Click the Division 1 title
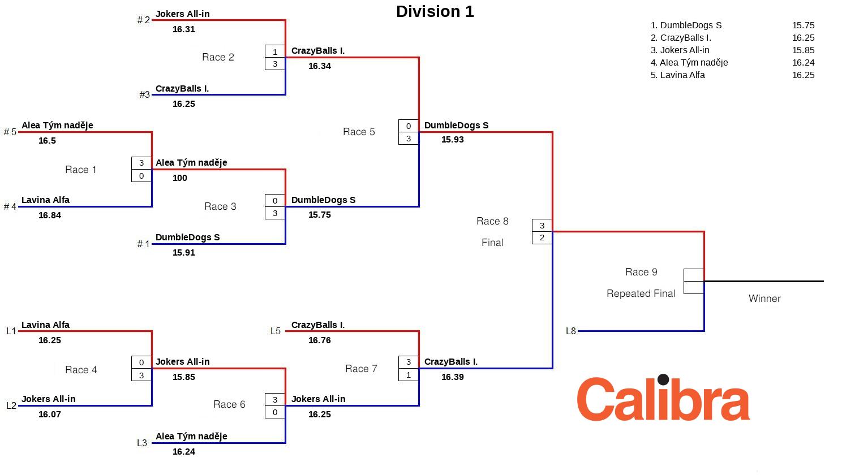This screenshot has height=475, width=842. (435, 11)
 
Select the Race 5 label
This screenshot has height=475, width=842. (359, 132)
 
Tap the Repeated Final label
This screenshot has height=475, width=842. (641, 293)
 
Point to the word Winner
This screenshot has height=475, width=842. (764, 299)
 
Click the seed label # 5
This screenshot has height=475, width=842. (10, 132)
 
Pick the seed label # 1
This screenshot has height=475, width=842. (144, 244)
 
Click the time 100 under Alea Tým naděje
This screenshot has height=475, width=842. (180, 178)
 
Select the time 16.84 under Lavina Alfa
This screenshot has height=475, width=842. (50, 215)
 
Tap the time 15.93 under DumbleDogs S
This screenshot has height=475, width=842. (452, 139)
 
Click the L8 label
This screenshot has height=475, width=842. (570, 331)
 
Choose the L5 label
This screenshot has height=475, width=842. (276, 331)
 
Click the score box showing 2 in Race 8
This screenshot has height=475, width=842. (542, 237)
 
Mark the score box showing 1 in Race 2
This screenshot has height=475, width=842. (275, 51)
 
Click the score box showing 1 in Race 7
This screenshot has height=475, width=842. (409, 374)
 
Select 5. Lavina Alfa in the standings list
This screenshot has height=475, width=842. (677, 75)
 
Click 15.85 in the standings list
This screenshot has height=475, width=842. (803, 50)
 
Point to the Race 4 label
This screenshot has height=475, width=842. (81, 370)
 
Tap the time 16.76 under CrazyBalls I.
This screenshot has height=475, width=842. (320, 340)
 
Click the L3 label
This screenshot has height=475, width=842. (142, 443)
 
